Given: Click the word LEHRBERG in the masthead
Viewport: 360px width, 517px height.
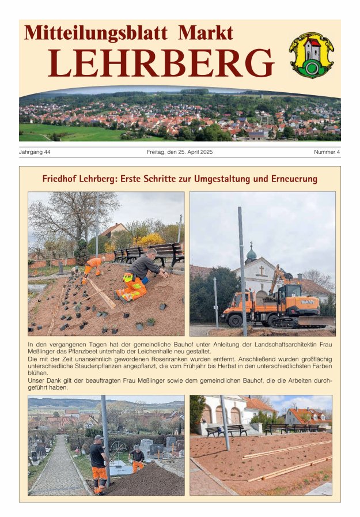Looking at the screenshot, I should [x=161, y=63].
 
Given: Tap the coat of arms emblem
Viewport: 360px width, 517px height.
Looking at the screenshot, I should [x=312, y=55].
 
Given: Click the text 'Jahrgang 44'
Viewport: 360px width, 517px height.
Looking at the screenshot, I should [x=35, y=152].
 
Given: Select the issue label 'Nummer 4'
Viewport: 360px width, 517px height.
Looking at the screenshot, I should [x=327, y=152].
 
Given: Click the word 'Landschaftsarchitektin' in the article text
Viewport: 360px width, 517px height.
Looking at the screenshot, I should [x=279, y=344].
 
